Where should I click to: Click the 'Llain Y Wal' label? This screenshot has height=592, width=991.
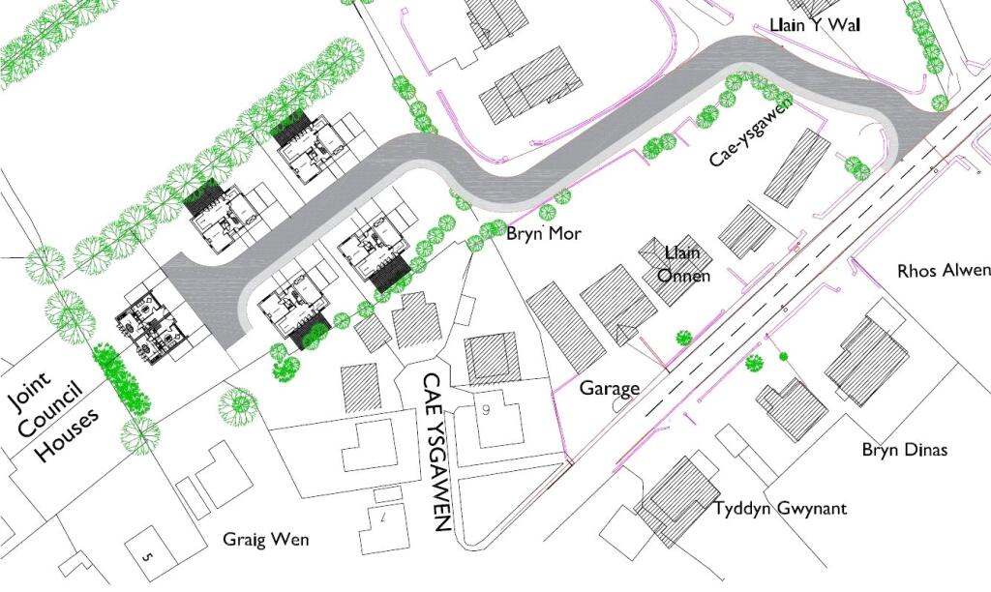[x=815, y=24]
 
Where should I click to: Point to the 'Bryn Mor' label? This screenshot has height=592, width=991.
[x=544, y=234]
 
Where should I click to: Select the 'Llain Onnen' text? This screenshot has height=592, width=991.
[x=683, y=264]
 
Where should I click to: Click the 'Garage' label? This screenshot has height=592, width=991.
[x=610, y=388]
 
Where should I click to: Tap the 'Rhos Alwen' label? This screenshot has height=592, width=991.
[x=944, y=271]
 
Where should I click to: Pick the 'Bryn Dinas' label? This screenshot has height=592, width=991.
[x=905, y=450]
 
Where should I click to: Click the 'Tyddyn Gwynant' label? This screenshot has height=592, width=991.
[x=780, y=509]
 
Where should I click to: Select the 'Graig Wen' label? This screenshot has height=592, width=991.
[x=266, y=540]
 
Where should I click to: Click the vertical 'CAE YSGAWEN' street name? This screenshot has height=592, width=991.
[x=437, y=453]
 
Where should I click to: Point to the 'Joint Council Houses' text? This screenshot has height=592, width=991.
[x=53, y=417]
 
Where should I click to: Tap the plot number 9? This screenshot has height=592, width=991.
[x=486, y=410]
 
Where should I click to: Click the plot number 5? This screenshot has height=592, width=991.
[x=147, y=557]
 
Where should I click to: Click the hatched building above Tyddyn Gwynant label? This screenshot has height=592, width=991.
[x=678, y=498]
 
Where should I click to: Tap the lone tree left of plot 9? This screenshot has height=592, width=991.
[x=238, y=407]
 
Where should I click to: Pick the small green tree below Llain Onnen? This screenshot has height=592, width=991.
[x=682, y=338]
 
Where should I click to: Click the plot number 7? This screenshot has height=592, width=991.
[x=382, y=518]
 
